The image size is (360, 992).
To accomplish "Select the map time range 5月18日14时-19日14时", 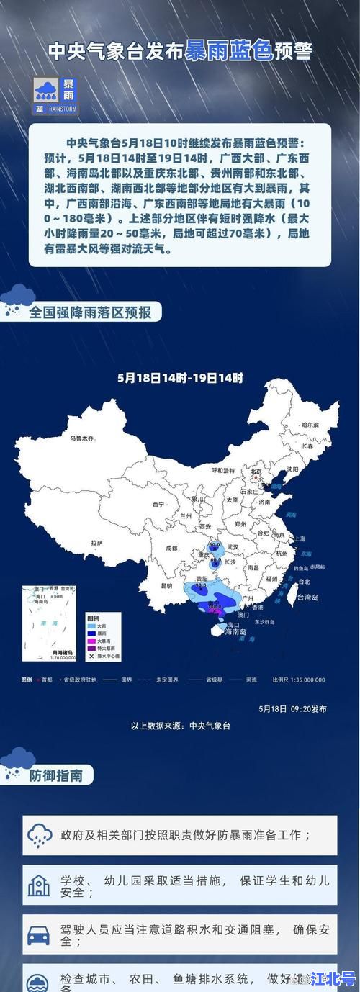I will point(180,377).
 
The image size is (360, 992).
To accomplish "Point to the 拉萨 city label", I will point(97,542).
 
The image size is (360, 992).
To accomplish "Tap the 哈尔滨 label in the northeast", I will point(310,425).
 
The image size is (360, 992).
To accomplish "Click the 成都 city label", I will point(171,548).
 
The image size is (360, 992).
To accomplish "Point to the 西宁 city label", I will point(158,504).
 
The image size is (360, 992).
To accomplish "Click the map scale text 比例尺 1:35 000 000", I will point(299,680).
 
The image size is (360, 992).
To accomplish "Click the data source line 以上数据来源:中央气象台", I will point(180,726).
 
